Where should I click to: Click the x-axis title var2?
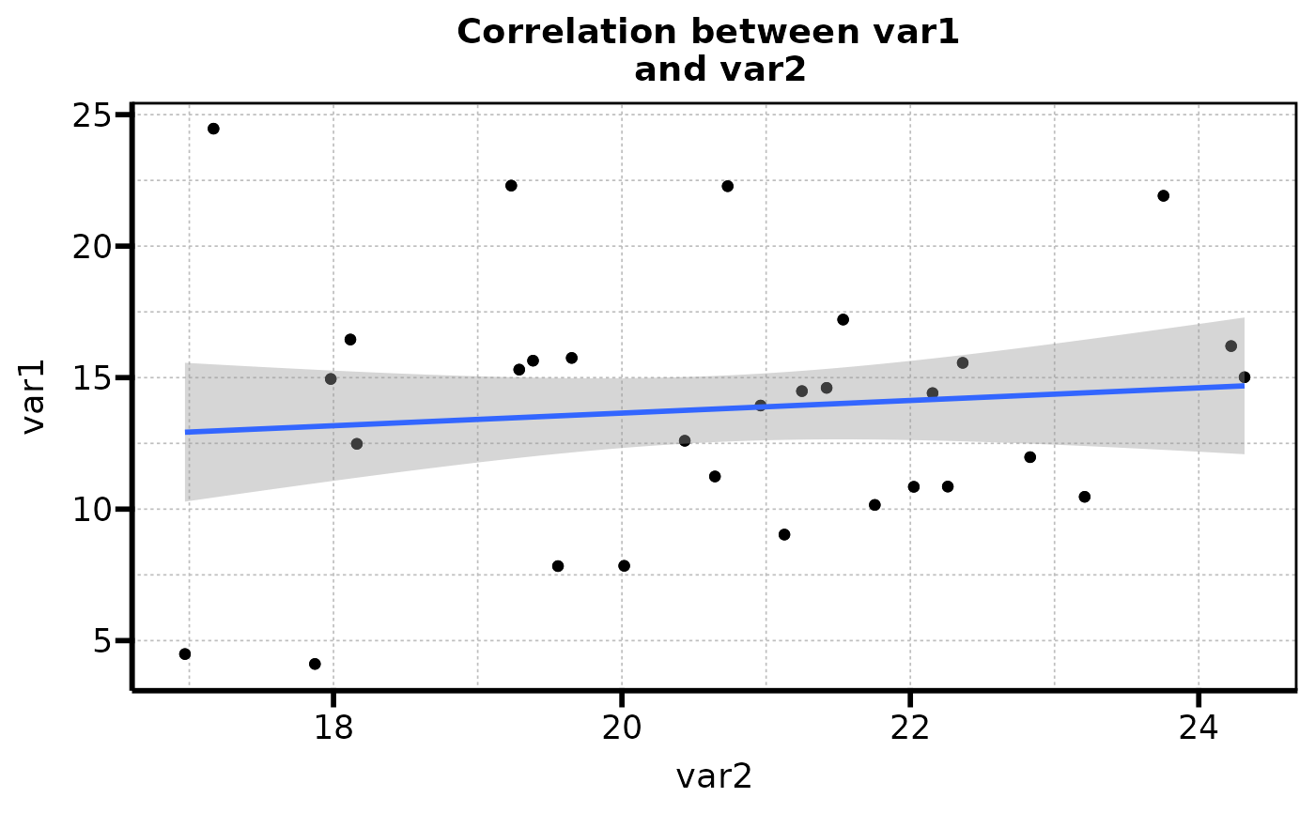pyautogui.click(x=714, y=776)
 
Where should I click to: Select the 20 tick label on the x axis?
pyautogui.click(x=621, y=730)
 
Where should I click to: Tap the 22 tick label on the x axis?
pyautogui.click(x=909, y=730)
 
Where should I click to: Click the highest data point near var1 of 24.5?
pyautogui.click(x=213, y=129)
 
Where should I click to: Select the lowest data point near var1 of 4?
pyautogui.click(x=315, y=664)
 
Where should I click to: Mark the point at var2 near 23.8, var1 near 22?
pyautogui.click(x=1163, y=195)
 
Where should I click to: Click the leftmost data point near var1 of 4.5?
pyautogui.click(x=185, y=653)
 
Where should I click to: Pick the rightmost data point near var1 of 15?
pyautogui.click(x=1245, y=377)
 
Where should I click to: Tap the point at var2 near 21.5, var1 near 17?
pyautogui.click(x=843, y=319)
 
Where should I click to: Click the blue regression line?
pyautogui.click(x=714, y=408)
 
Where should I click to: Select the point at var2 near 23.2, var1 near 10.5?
pyautogui.click(x=1084, y=497)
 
